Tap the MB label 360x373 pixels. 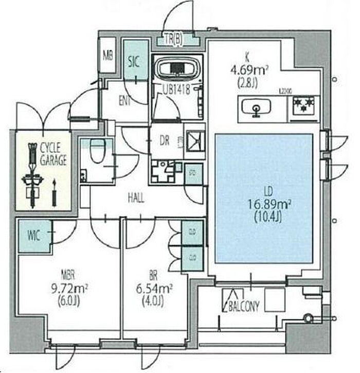click(108, 55)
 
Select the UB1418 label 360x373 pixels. click(177, 89)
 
